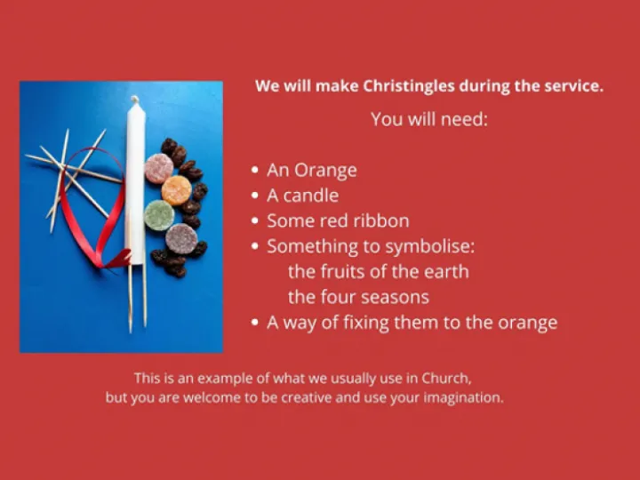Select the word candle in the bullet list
[310, 196]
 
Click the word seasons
[389, 297]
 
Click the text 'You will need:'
[429, 118]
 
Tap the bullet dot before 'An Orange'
[255, 170]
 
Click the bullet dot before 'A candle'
[255, 196]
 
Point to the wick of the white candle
[134, 98]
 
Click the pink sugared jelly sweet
[158, 167]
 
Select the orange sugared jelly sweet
[176, 189]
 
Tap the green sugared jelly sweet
[158, 214]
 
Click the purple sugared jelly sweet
[181, 237]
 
